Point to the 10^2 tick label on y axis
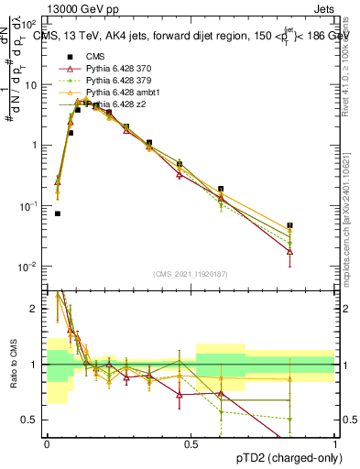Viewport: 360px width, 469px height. pos(29,25)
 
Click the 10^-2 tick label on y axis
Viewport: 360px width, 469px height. pos(29,267)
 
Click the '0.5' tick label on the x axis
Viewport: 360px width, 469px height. pos(191,443)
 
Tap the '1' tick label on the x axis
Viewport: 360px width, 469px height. pos(335,443)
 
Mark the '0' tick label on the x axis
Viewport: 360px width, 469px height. pos(47,443)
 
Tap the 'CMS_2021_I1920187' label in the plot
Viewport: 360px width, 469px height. pos(191,273)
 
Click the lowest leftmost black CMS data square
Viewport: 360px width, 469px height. pos(58,213)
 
